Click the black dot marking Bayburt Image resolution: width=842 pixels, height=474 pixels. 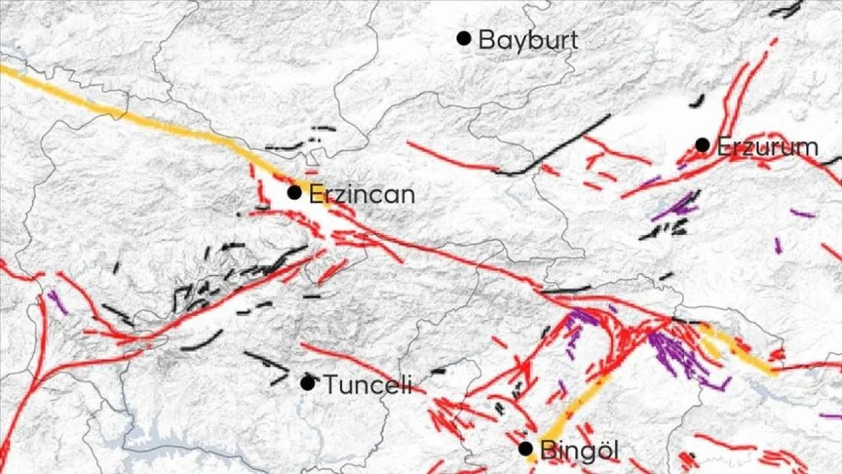point(464,38)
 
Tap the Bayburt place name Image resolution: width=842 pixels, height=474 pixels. point(528,40)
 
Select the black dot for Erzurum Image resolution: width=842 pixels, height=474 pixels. point(703,145)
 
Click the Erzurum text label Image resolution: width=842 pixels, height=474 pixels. point(767,147)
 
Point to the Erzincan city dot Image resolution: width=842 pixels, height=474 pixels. point(294,192)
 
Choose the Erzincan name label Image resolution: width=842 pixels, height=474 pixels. point(362,195)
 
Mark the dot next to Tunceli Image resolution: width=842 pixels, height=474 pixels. point(307,382)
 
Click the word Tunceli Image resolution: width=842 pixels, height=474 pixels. point(368,384)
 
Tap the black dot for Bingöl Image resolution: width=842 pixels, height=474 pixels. point(525,448)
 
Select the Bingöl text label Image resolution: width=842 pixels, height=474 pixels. point(580,451)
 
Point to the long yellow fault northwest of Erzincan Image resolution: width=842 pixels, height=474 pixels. point(132,115)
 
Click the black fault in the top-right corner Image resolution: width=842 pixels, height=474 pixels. point(786,10)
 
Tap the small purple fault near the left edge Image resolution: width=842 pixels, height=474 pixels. point(57,302)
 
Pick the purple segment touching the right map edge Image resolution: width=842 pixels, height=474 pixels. point(831,416)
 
